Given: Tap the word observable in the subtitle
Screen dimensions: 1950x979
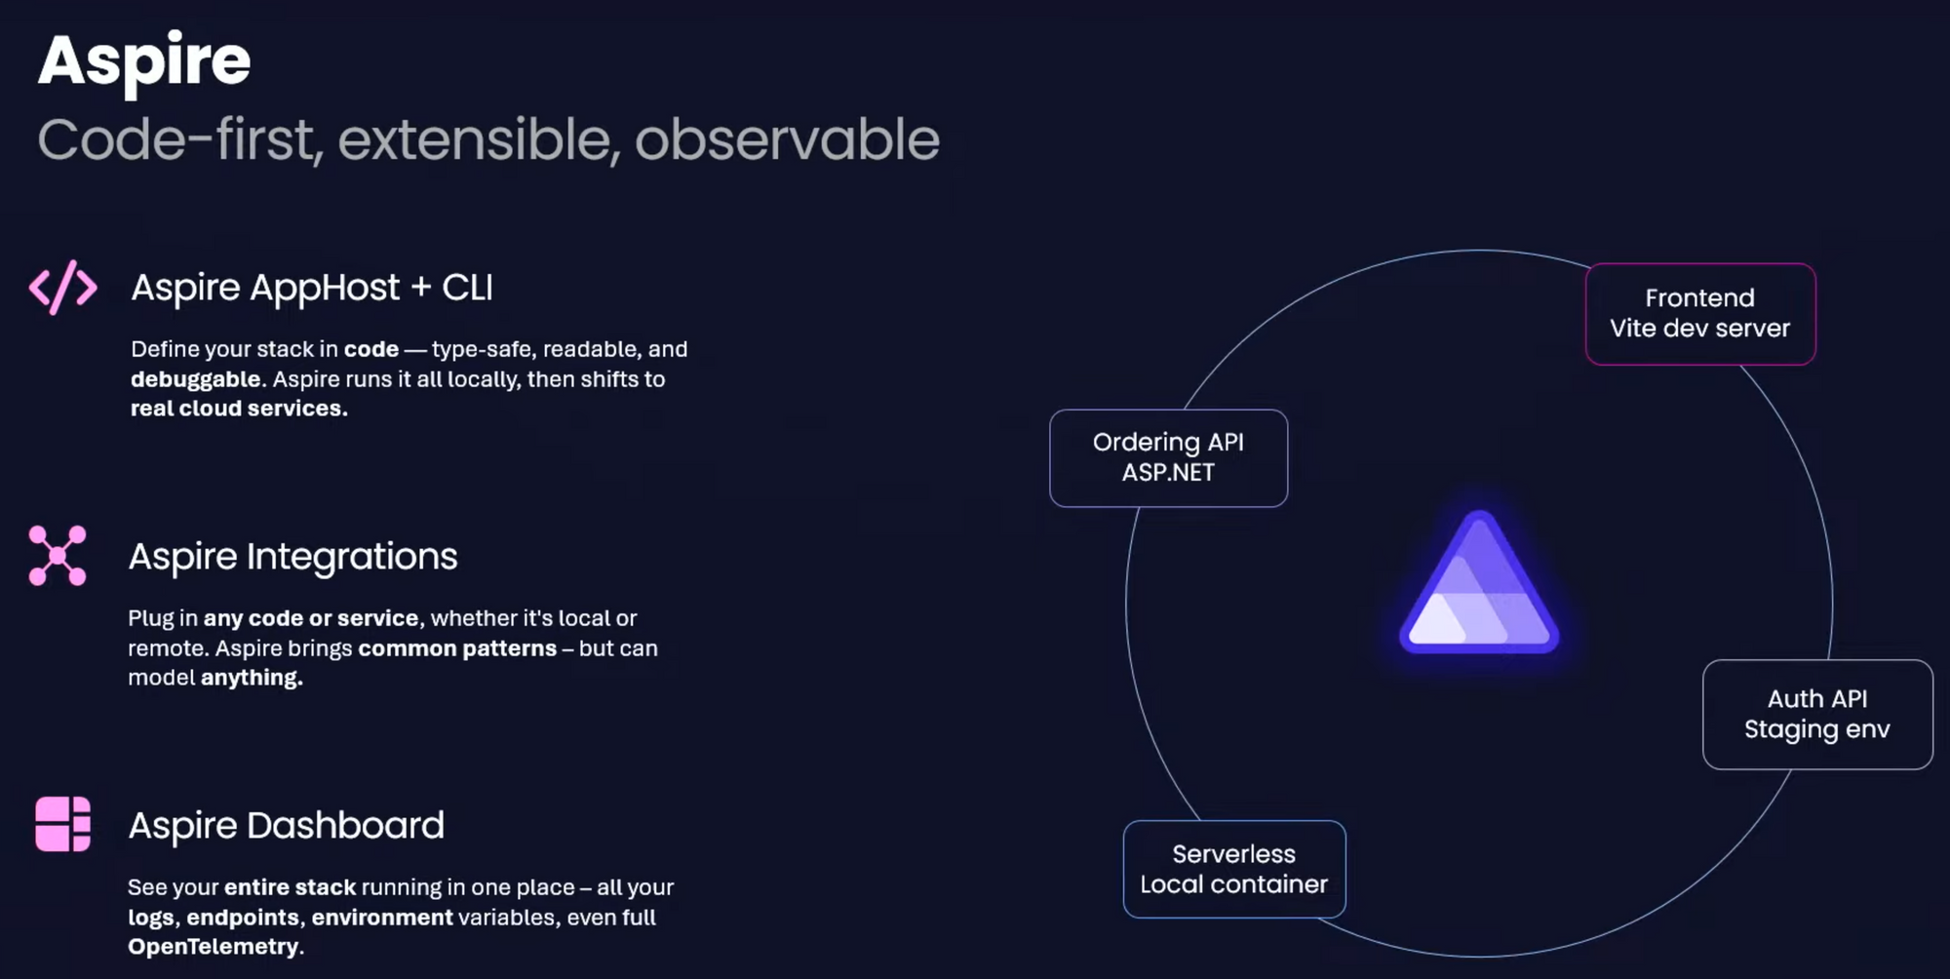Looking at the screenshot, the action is (787, 139).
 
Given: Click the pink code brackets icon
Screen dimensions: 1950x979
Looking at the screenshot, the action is (63, 287).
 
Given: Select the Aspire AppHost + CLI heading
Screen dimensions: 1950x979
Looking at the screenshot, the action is (312, 288).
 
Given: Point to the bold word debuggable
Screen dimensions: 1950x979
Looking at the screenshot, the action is (196, 379).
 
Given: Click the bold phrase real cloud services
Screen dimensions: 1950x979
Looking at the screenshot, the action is (239, 409).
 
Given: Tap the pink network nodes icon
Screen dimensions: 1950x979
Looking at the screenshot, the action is (58, 556).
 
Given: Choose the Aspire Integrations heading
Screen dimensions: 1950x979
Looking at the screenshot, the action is (292, 557).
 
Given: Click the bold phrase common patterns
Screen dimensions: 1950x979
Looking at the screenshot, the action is (457, 648).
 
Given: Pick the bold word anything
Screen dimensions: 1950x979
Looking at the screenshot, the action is (252, 678).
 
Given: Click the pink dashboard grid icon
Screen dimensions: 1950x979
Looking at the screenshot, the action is (62, 824).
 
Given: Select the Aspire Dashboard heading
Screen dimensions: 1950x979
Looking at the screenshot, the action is (286, 826).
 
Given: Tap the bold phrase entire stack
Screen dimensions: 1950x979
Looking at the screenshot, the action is (290, 887).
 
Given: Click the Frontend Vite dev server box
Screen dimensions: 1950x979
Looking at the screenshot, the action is (1700, 314).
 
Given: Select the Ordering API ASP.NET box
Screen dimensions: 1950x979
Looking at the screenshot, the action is (1168, 458).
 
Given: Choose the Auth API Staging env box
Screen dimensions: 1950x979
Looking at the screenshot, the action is (1817, 715).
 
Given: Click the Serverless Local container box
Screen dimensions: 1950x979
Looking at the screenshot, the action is (1234, 869).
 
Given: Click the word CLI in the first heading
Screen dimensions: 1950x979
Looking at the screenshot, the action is (467, 288).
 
